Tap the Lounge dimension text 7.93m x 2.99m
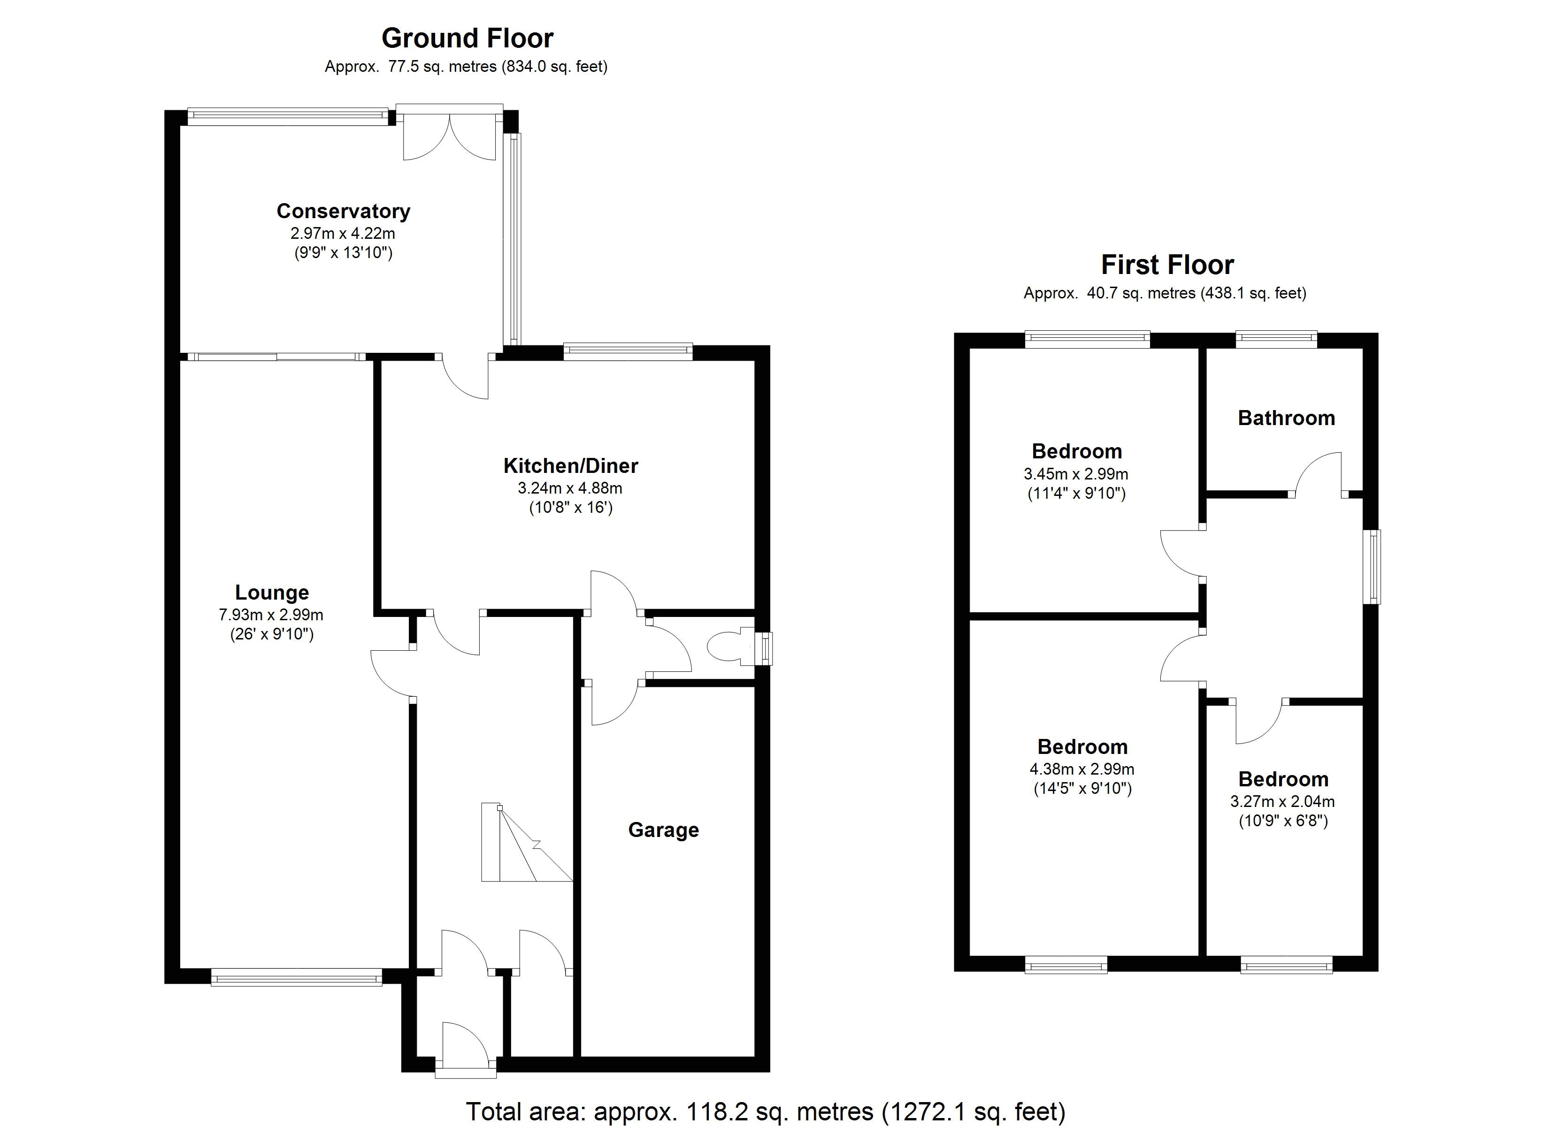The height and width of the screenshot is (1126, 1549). pyautogui.click(x=271, y=615)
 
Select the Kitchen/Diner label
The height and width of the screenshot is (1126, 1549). pyautogui.click(x=570, y=466)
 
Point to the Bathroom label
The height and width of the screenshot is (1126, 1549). pyautogui.click(x=1286, y=418)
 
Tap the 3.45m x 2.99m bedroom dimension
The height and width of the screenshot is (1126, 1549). pyautogui.click(x=1076, y=474)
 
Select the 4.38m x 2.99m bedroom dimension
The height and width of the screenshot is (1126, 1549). pyautogui.click(x=1082, y=769)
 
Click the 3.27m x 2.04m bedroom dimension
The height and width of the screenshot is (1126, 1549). pyautogui.click(x=1283, y=802)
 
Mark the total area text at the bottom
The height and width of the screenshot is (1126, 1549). pyautogui.click(x=766, y=1111)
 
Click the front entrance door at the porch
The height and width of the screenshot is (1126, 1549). pyautogui.click(x=465, y=1045)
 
